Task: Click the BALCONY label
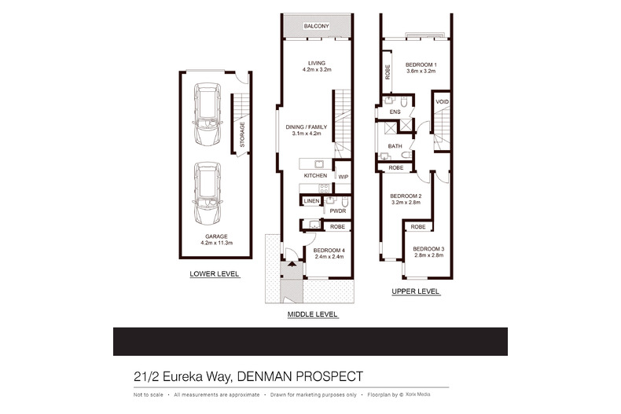pyautogui.click(x=316, y=26)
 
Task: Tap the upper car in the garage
pyautogui.click(x=208, y=115)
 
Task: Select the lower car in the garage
pyautogui.click(x=208, y=193)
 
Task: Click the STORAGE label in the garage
pyautogui.click(x=242, y=134)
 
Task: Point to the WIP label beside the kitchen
pyautogui.click(x=343, y=177)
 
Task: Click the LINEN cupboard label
pyautogui.click(x=311, y=201)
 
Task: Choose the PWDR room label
pyautogui.click(x=338, y=211)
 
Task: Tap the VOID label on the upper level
pyautogui.click(x=442, y=101)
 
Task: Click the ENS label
pyautogui.click(x=395, y=112)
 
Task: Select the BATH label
pyautogui.click(x=395, y=146)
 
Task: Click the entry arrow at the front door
pyautogui.click(x=292, y=264)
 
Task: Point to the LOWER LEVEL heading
pyautogui.click(x=215, y=274)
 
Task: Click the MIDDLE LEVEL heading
pyautogui.click(x=313, y=314)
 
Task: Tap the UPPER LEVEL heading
pyautogui.click(x=416, y=291)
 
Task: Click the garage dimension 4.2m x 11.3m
pyautogui.click(x=217, y=243)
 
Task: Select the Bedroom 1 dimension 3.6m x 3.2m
pyautogui.click(x=421, y=71)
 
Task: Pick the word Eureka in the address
pyautogui.click(x=182, y=376)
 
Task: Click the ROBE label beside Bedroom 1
pyautogui.click(x=388, y=72)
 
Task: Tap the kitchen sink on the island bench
pyautogui.click(x=319, y=164)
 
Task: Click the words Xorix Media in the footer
pyautogui.click(x=418, y=394)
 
